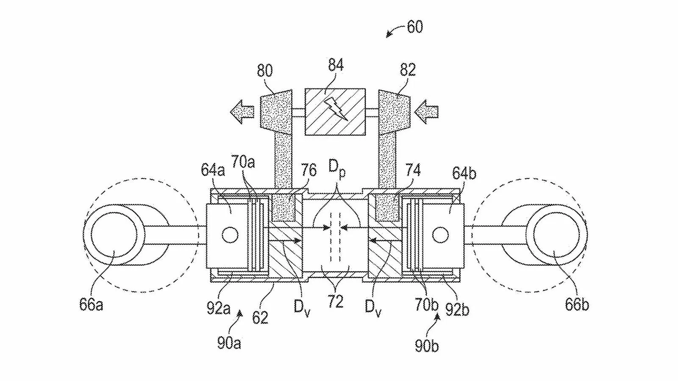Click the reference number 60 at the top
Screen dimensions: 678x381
coord(415,27)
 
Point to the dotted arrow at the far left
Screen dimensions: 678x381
coord(242,112)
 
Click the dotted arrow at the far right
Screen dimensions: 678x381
coord(426,112)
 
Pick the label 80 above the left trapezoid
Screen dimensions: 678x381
coord(265,70)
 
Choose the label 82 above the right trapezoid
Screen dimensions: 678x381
coord(408,69)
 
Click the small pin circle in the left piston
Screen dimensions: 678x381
coord(230,235)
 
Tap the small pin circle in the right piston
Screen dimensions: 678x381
coord(440,235)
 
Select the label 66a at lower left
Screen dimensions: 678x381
coord(91,304)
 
